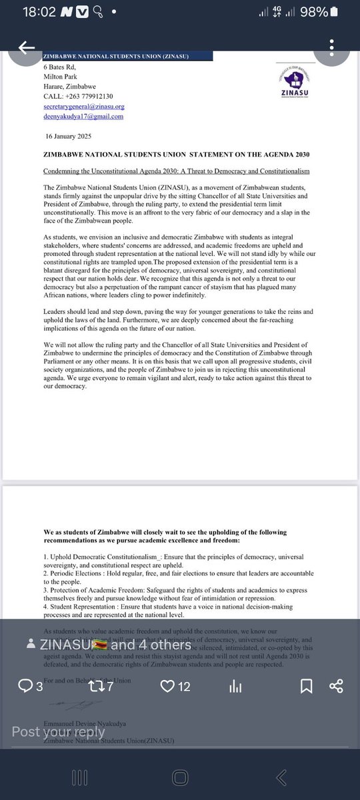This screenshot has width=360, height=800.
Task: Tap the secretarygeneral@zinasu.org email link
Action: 84,106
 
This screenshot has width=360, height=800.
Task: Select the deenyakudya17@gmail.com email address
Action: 83,116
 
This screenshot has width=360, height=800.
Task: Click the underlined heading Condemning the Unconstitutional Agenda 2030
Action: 176,171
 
